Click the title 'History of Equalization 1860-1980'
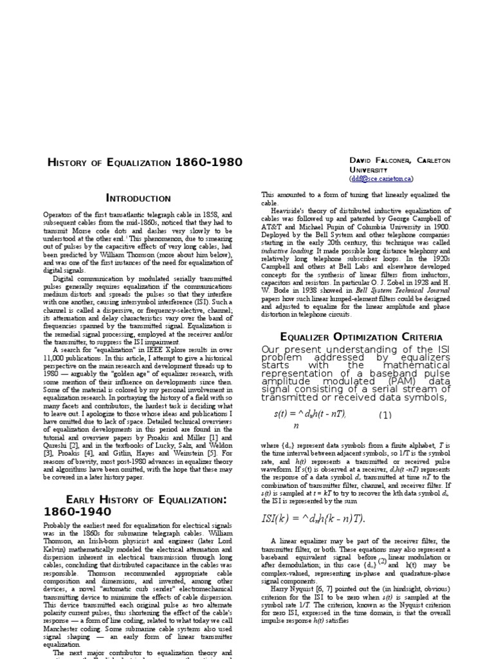tap(145, 162)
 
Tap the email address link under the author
tap(381, 179)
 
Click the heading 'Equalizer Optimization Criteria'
tap(361, 337)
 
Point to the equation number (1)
tap(385, 414)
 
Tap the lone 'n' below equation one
tap(296, 426)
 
